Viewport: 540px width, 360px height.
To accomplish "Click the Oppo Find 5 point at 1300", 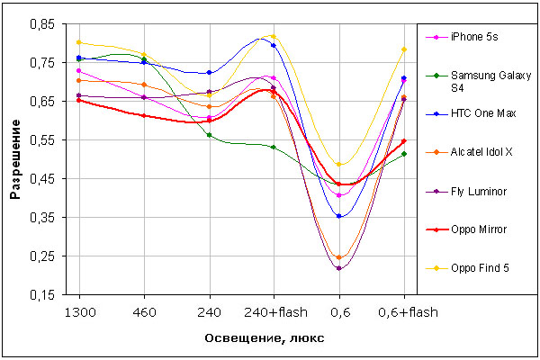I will pos(79,42).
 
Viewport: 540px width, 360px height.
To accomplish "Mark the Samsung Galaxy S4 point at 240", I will pos(209,135).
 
